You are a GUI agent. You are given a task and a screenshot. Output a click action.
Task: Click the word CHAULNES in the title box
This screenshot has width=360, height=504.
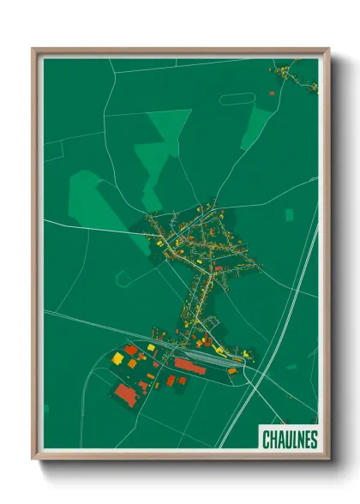point(289,440)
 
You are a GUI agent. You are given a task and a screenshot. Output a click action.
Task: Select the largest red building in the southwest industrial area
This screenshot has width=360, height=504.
point(126,393)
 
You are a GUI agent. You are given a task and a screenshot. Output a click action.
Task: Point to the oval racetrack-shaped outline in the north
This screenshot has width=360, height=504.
point(236,99)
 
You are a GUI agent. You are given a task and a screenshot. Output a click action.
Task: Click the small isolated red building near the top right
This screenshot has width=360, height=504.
point(272,92)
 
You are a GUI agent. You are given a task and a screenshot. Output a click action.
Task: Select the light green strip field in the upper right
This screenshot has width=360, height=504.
point(255,129)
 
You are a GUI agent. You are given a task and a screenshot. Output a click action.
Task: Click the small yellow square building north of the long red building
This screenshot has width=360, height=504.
point(151,347)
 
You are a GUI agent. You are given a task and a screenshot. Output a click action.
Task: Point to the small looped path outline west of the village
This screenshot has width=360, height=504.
point(125,277)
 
